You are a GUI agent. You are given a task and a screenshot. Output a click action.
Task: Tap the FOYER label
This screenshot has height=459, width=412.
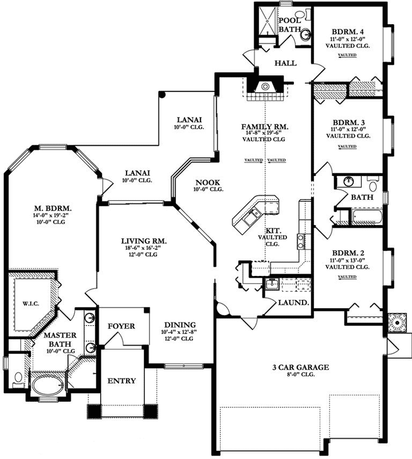coord(121,326)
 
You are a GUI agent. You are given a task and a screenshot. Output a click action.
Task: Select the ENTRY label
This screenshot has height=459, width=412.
coord(121,380)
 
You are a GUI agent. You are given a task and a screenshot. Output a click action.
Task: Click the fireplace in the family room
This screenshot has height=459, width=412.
coord(264,87)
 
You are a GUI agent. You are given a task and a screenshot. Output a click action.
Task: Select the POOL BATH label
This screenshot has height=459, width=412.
coord(290,25)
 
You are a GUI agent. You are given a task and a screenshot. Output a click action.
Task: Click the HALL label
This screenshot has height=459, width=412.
coord(285,63)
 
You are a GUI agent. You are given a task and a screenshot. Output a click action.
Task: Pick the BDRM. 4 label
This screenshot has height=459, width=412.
coord(347,32)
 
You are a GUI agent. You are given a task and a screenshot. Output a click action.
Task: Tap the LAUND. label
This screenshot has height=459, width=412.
coord(293,302)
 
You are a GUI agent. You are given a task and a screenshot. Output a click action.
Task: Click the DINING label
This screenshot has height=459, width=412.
coord(180,324)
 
